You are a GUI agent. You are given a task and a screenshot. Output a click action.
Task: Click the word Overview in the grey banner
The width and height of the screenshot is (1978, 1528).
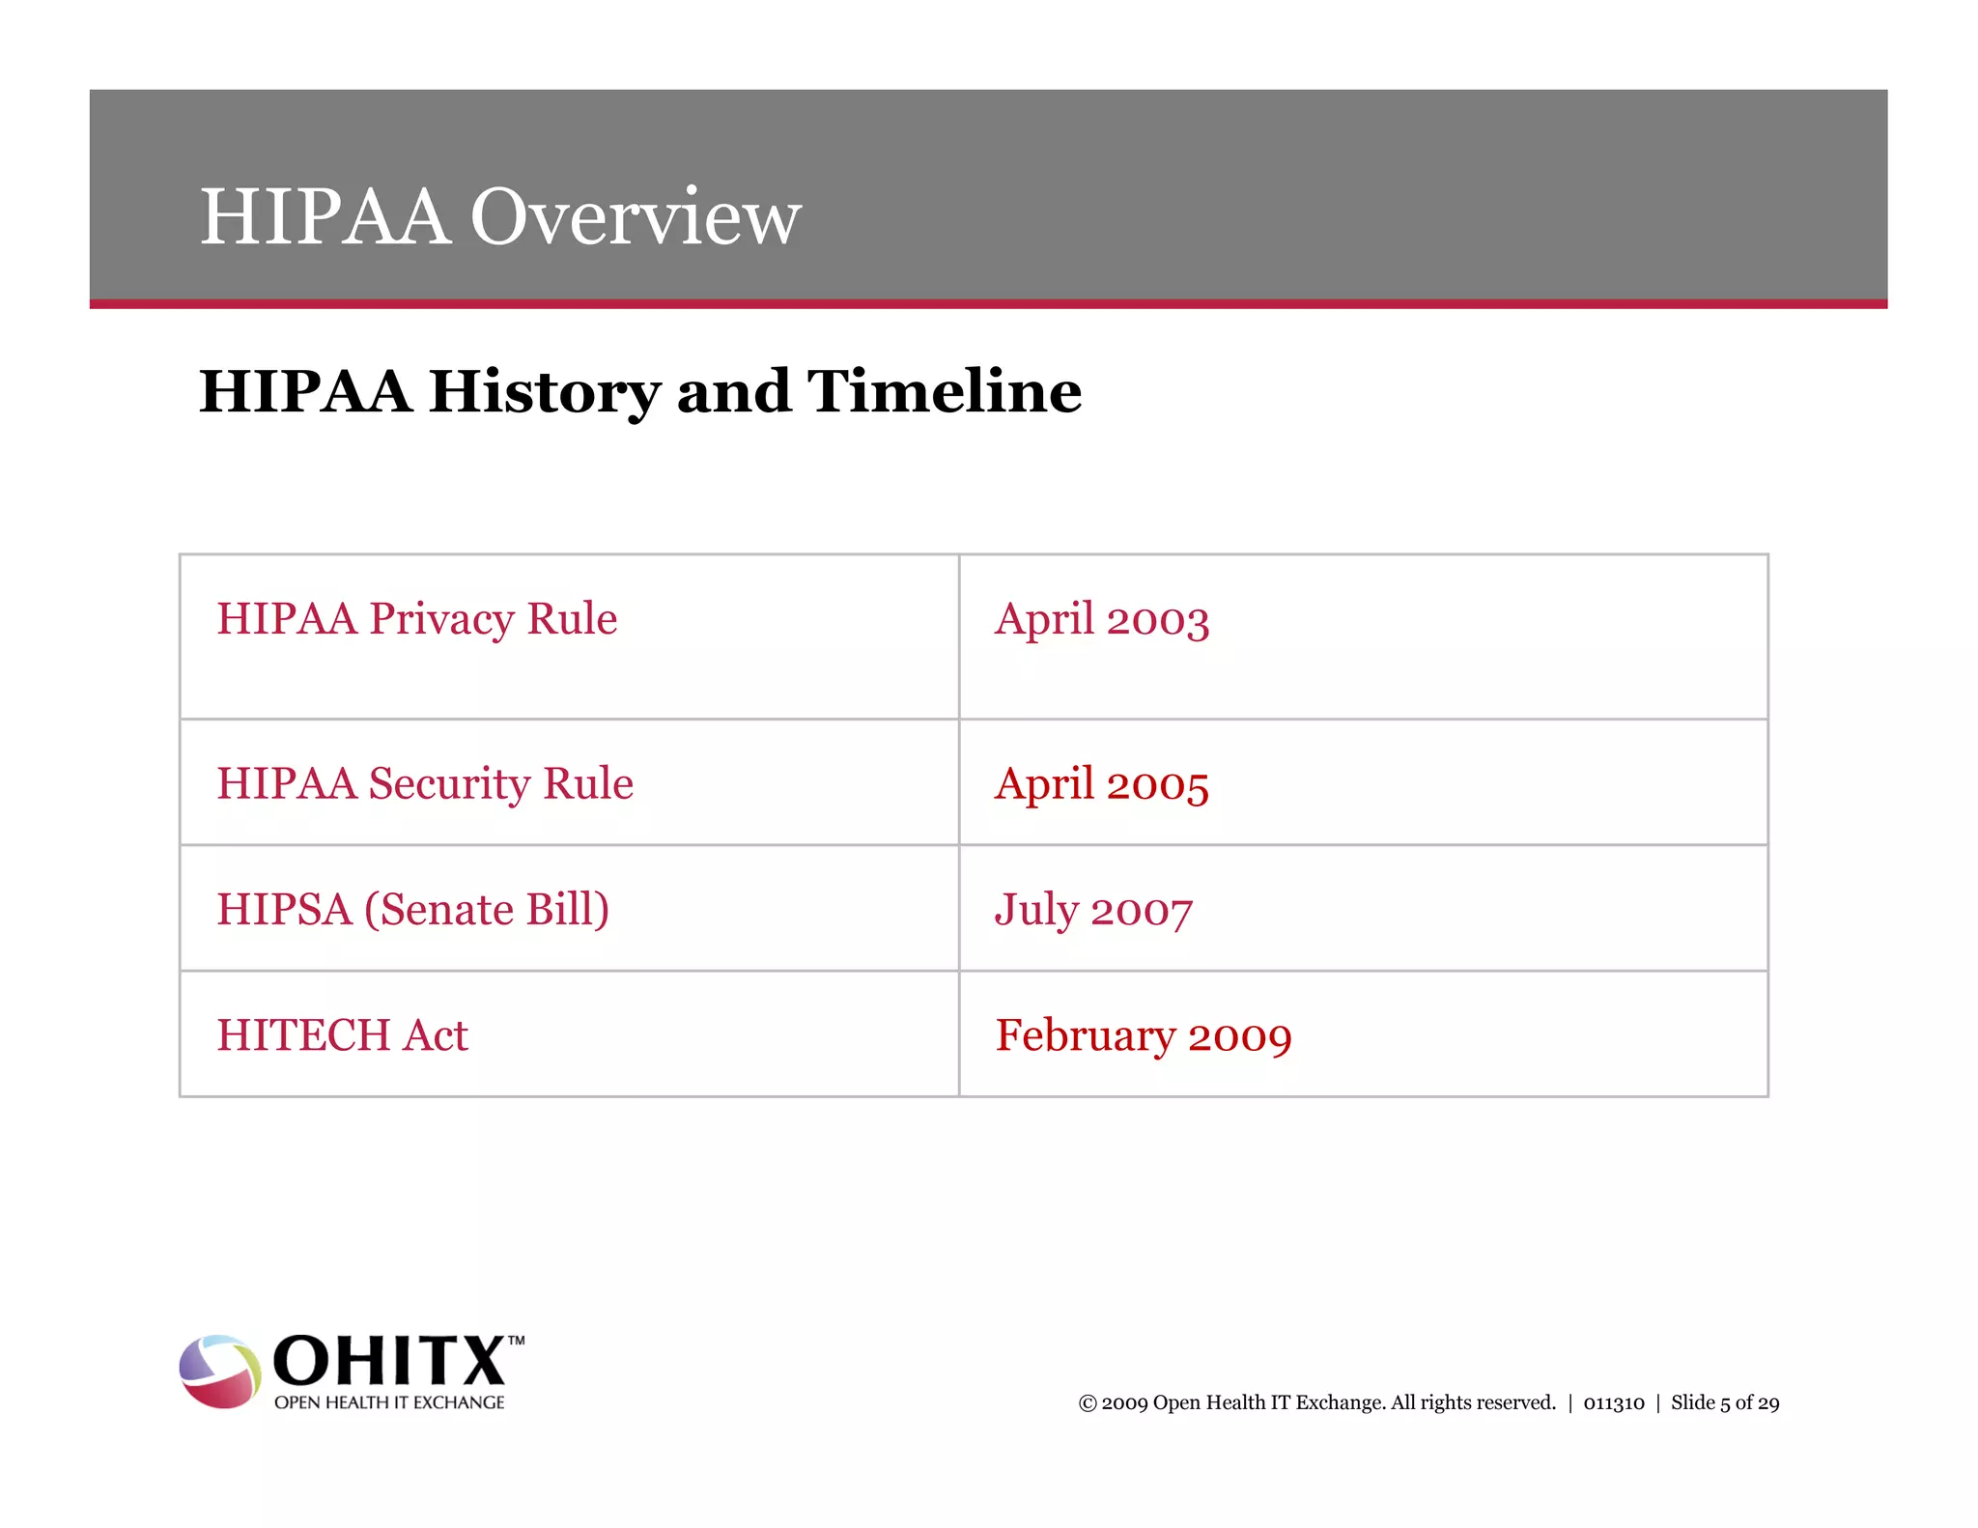point(636,216)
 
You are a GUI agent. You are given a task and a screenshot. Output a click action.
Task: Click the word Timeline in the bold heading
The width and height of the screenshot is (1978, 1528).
point(944,391)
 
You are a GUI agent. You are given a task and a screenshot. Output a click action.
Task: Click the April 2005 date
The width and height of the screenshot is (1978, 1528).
point(1101,784)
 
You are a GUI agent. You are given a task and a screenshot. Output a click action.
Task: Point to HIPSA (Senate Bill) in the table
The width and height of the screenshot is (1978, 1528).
point(412,910)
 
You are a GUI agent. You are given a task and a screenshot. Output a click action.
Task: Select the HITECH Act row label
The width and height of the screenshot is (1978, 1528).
point(342,1035)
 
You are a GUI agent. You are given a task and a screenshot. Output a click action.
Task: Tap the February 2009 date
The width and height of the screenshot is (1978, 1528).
point(1144,1036)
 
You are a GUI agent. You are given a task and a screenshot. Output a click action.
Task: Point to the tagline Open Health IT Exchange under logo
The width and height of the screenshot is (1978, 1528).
point(389,1402)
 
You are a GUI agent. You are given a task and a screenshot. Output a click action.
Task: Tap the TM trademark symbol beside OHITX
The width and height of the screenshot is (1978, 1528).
point(517,1341)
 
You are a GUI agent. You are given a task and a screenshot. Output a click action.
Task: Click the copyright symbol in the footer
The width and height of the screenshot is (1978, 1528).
point(1088,1403)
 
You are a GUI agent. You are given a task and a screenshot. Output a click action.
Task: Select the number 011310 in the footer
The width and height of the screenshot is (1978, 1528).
point(1613,1403)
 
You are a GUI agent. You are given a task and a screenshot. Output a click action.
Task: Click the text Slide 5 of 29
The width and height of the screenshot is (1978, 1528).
point(1725,1403)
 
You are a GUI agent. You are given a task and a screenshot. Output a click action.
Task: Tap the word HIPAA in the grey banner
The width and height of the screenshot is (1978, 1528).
point(325,216)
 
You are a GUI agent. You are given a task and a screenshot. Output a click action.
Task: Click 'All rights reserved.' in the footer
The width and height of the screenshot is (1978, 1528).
point(1473,1403)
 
